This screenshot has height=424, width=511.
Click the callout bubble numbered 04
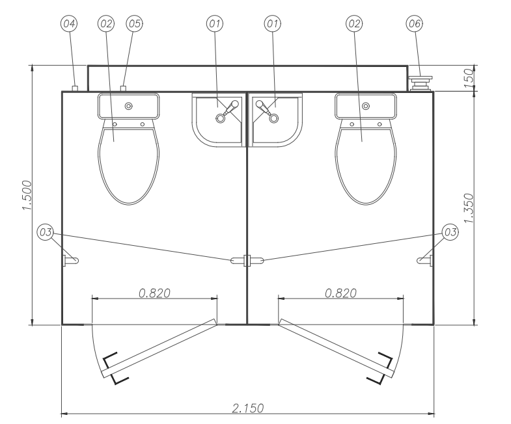[68, 23]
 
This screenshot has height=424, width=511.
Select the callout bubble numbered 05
[134, 23]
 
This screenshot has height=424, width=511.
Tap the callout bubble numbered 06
[414, 23]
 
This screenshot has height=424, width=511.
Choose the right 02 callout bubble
[355, 23]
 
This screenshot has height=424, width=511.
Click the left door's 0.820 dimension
[154, 293]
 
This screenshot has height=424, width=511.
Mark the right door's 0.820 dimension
[340, 293]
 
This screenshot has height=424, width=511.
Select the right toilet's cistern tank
[365, 105]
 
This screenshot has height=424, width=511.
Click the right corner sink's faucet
[264, 111]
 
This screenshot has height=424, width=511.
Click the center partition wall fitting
[247, 260]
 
